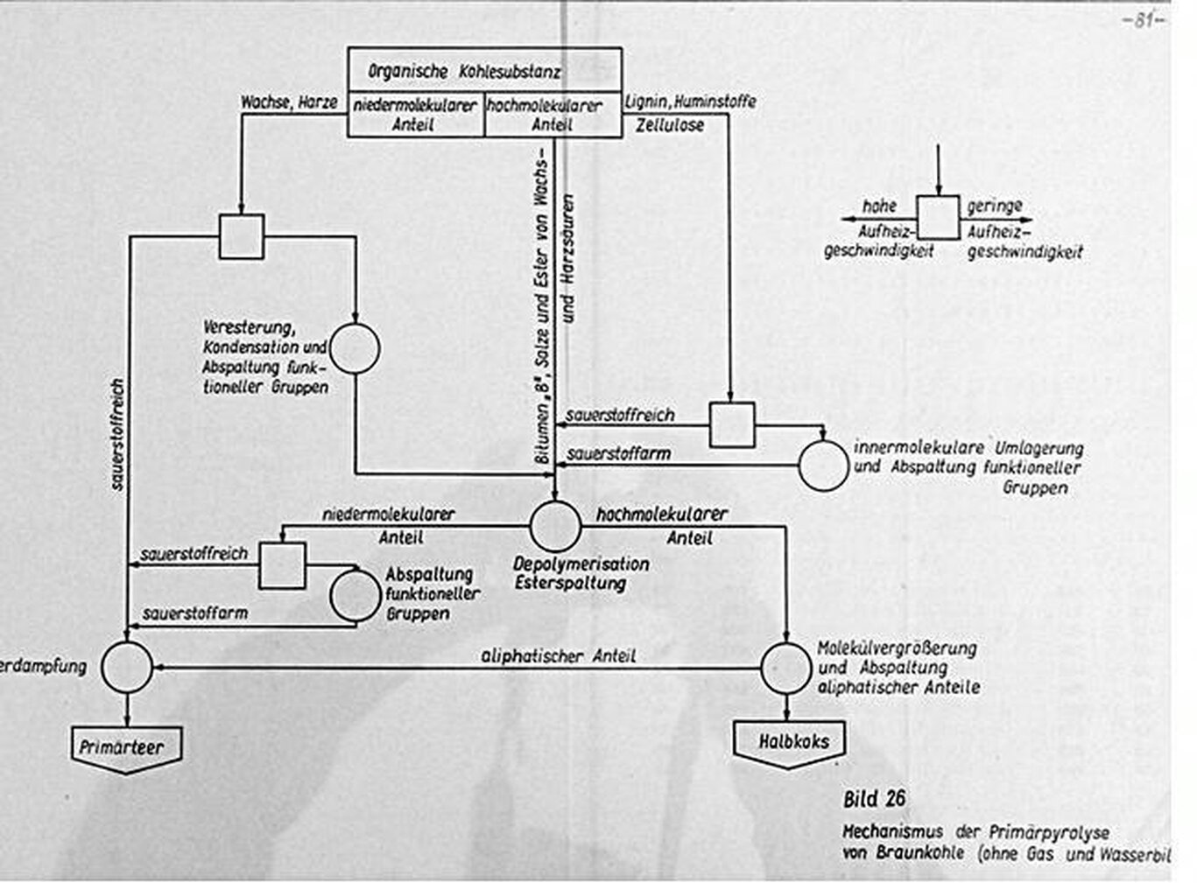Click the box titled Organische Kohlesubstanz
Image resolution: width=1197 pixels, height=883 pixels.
tap(484, 70)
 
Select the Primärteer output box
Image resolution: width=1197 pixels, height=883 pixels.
tap(127, 748)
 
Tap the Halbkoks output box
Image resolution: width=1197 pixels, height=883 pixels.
tap(792, 742)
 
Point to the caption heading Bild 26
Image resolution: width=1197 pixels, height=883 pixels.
tap(874, 798)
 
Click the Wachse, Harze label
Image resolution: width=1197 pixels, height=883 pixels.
tap(289, 102)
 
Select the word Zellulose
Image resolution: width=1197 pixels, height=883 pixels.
tap(670, 125)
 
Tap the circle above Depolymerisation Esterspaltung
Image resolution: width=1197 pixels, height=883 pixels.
tap(555, 526)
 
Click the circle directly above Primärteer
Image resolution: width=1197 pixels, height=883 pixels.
tap(127, 667)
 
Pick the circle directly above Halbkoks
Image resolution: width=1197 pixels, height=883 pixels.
tap(786, 668)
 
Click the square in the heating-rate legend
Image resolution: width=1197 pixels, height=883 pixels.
tap(938, 217)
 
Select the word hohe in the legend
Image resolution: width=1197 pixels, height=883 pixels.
tap(879, 207)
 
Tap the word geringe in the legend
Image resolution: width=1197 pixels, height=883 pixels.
tap(995, 207)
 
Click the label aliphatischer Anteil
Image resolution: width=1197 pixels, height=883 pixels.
tap(558, 655)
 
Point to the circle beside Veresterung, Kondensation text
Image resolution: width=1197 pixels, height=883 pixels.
tap(355, 348)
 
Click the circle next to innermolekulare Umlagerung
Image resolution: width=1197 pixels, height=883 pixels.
tap(823, 465)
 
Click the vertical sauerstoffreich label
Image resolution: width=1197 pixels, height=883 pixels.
tap(118, 433)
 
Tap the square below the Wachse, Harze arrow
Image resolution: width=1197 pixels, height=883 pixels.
tap(241, 236)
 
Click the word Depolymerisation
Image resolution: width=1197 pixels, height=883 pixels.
tap(581, 564)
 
